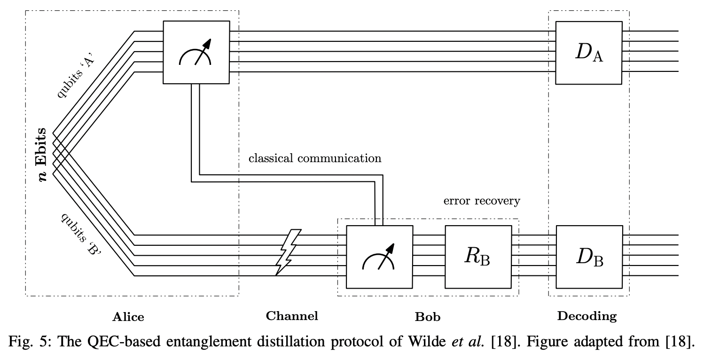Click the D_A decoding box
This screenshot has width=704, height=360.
[x=589, y=52]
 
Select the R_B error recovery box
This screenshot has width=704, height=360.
[x=478, y=257]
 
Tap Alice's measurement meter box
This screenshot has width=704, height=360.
[x=196, y=52]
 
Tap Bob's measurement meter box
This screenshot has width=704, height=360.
[x=379, y=257]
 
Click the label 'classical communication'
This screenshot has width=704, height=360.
[x=315, y=158]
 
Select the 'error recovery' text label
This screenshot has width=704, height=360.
[x=482, y=201]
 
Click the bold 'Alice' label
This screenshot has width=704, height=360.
[x=128, y=317]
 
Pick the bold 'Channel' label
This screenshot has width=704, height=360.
[x=292, y=316]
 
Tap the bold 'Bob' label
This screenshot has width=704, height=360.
[x=427, y=317]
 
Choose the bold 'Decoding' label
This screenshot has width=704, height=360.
[x=587, y=317]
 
